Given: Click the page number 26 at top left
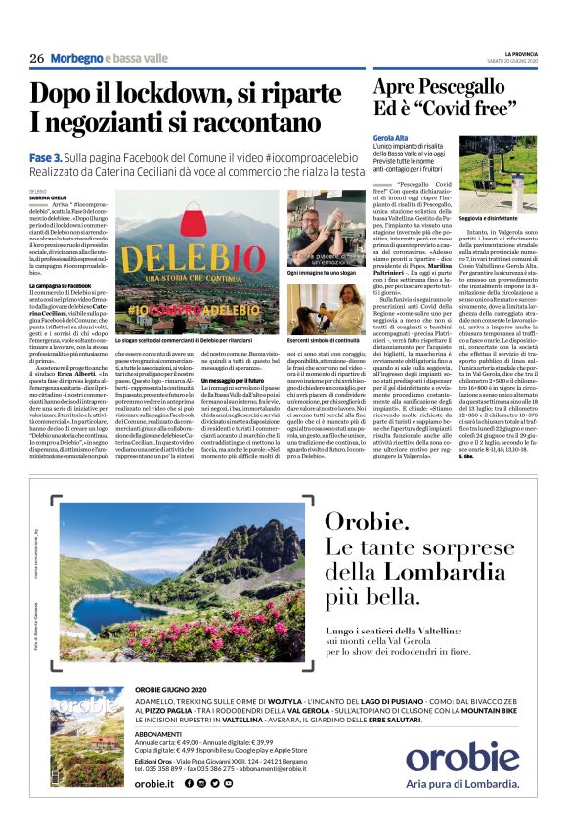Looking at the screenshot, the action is [37, 57].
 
